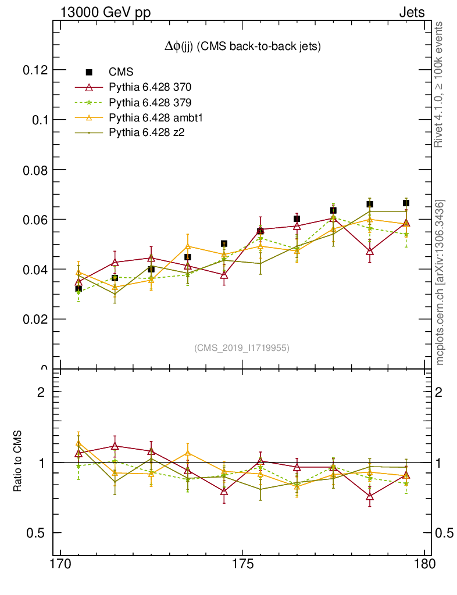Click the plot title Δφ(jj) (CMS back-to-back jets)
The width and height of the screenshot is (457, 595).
pos(242,46)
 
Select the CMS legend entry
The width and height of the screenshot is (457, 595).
pos(121,72)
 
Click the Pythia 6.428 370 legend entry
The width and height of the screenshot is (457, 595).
pos(150,88)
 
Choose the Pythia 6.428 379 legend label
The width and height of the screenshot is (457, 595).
pos(150,103)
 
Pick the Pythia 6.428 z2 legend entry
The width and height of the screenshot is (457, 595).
pos(147,133)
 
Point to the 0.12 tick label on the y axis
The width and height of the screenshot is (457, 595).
pos(35,70)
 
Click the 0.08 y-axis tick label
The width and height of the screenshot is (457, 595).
pos(35,170)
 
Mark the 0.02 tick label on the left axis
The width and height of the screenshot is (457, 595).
pos(35,319)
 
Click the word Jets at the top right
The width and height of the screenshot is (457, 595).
pos(412,12)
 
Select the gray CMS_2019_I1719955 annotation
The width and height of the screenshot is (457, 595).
pos(242,347)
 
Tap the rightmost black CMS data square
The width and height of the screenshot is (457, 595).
pos(406,203)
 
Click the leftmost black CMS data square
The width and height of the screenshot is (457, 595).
pos(78,288)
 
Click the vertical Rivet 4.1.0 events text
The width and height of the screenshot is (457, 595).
pos(440,84)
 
